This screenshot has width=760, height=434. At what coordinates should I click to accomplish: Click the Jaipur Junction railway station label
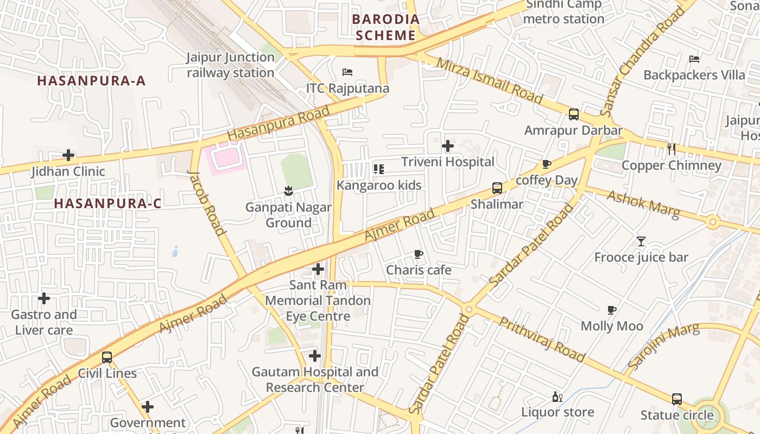pyautogui.click(x=231, y=65)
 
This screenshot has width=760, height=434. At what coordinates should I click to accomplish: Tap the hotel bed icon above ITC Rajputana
pyautogui.click(x=347, y=72)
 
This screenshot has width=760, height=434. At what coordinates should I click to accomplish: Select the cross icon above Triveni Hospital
pyautogui.click(x=448, y=146)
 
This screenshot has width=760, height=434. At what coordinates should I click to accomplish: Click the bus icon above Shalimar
pyautogui.click(x=497, y=188)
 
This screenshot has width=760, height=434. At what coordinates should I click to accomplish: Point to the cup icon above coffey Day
pyautogui.click(x=547, y=164)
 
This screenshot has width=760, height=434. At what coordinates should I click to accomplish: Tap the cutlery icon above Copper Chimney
pyautogui.click(x=672, y=149)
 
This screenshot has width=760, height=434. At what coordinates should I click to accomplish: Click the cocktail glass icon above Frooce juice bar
pyautogui.click(x=641, y=241)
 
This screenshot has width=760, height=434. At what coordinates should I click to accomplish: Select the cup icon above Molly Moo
pyautogui.click(x=612, y=310)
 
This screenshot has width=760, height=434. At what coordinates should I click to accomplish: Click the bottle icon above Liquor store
pyautogui.click(x=557, y=397)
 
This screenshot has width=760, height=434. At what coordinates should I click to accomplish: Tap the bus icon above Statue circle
pyautogui.click(x=676, y=399)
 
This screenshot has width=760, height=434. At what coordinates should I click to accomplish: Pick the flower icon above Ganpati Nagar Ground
pyautogui.click(x=288, y=191)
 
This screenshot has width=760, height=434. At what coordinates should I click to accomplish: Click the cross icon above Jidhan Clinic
pyautogui.click(x=68, y=155)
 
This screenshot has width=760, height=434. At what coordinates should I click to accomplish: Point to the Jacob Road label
pyautogui.click(x=206, y=202)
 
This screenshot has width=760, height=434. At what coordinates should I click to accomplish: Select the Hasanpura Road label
pyautogui.click(x=278, y=123)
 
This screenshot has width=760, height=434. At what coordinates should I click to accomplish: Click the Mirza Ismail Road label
pyautogui.click(x=489, y=81)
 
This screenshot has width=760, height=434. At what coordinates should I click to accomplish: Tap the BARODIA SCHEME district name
pyautogui.click(x=386, y=28)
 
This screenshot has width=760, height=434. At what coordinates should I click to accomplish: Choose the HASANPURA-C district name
pyautogui.click(x=108, y=203)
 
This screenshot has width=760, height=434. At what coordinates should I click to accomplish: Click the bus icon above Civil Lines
pyautogui.click(x=107, y=358)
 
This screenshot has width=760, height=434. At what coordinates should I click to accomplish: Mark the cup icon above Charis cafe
pyautogui.click(x=418, y=254)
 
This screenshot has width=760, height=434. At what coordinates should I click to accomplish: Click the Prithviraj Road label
pyautogui.click(x=542, y=340)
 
